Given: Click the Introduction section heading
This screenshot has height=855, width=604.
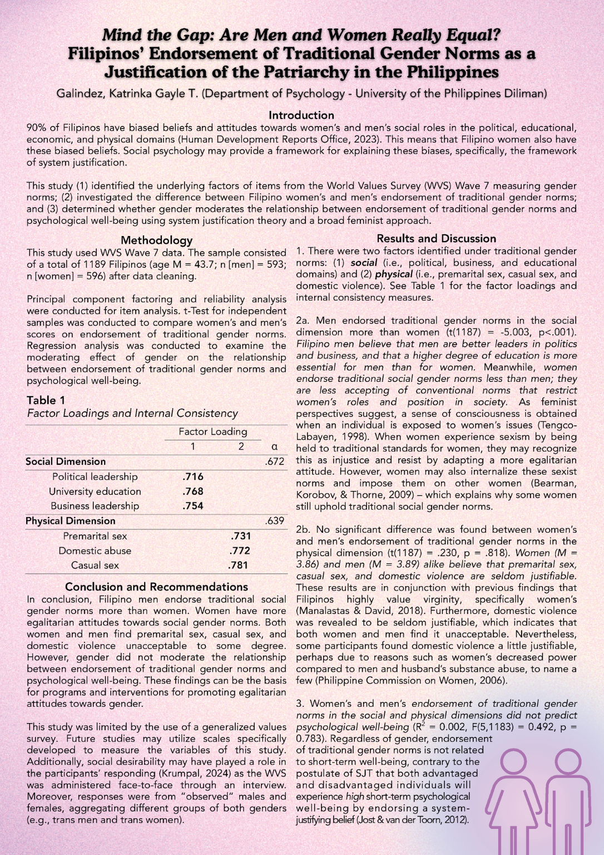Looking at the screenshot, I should (x=301, y=115).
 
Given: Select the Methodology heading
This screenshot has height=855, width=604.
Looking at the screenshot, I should (x=156, y=240).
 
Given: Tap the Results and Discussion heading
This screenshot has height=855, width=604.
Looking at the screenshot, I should (x=436, y=239).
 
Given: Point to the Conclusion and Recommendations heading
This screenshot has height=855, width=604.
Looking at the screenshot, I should (x=156, y=587).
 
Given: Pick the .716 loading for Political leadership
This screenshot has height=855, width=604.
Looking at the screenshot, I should (x=193, y=476).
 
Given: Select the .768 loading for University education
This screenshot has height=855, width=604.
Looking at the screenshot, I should (x=193, y=492).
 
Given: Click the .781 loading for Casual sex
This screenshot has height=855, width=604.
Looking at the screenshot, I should (x=239, y=565).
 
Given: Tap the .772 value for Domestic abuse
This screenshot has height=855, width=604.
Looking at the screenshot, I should (x=240, y=551).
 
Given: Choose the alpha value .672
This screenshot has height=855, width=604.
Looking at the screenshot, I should (x=275, y=461).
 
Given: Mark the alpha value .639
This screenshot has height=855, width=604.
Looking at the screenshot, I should (x=275, y=521).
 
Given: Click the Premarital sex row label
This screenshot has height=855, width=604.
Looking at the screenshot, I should (x=95, y=536).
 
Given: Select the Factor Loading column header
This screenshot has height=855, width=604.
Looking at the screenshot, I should (x=212, y=432).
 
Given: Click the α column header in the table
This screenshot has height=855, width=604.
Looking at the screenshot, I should (x=274, y=446).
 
